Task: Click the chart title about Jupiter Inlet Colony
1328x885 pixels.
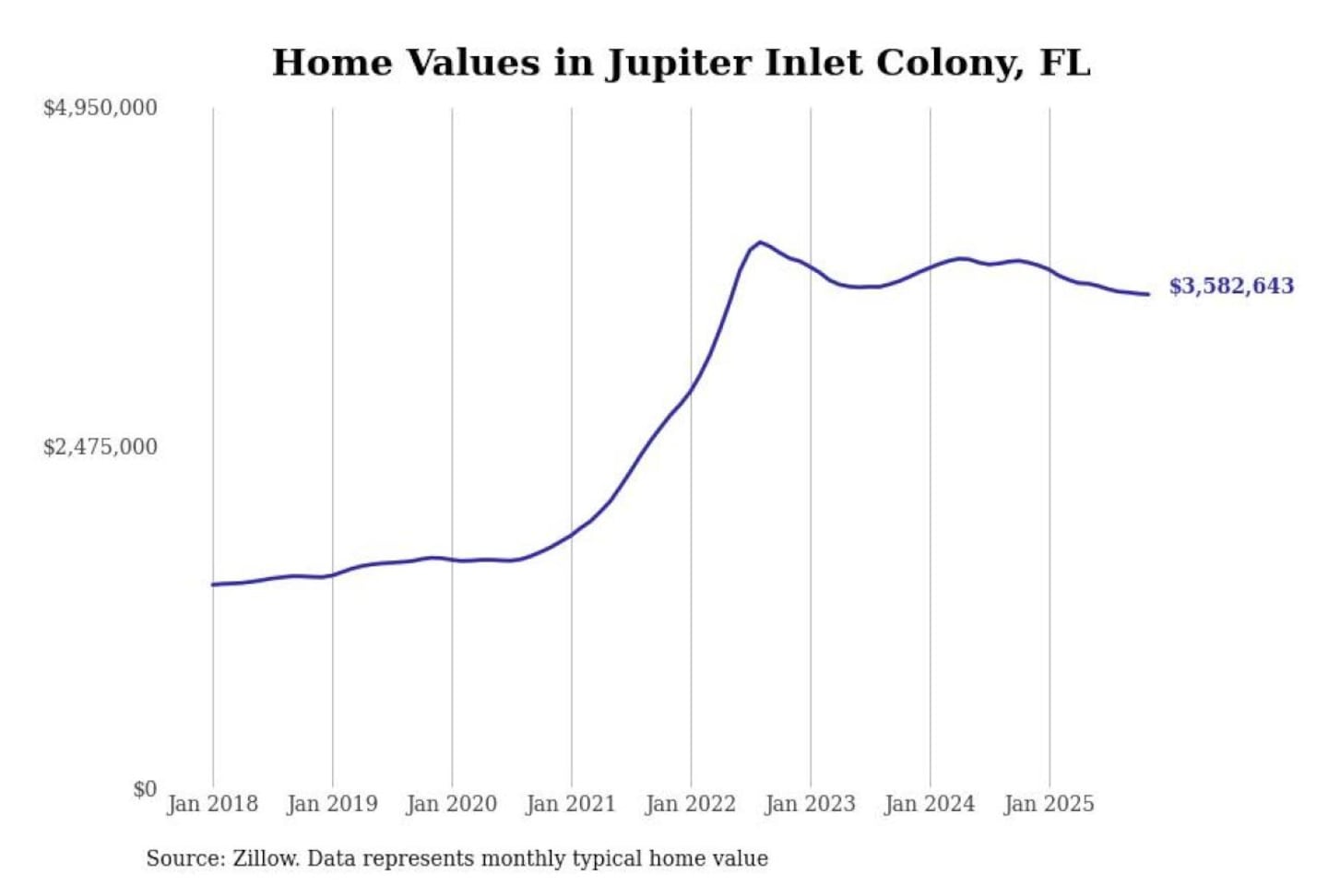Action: [x=681, y=63]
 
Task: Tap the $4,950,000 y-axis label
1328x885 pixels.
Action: [x=100, y=108]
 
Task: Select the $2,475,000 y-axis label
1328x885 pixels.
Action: [x=100, y=447]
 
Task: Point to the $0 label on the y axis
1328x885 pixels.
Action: [x=145, y=789]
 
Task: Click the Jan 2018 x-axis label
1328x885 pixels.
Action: [x=212, y=804]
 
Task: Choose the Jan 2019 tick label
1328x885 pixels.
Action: [x=332, y=804]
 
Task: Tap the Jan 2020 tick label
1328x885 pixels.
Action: [x=451, y=804]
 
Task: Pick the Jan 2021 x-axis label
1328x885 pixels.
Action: [x=571, y=804]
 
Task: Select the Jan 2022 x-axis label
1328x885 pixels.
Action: [x=691, y=804]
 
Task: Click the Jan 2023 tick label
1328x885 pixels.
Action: [x=810, y=804]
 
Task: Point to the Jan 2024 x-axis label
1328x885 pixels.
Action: [x=930, y=804]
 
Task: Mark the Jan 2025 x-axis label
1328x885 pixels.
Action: [x=1049, y=804]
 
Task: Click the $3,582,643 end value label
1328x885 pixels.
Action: [x=1231, y=286]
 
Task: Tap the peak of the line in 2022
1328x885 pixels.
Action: [x=760, y=242]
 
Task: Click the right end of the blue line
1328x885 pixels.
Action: [x=1148, y=294]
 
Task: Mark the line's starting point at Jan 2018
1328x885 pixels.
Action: [x=213, y=584]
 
